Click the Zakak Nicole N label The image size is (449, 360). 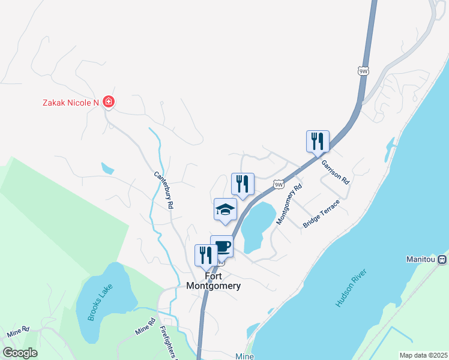(x=70, y=103)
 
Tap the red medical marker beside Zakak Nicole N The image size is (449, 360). (x=109, y=102)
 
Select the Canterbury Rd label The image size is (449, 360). (x=163, y=190)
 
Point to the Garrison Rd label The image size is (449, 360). (x=335, y=171)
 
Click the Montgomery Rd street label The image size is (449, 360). (x=289, y=205)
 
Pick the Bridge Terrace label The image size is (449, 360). (x=322, y=213)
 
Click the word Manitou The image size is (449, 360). (x=419, y=260)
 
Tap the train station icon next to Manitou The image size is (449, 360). (x=442, y=260)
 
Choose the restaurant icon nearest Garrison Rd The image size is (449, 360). (x=318, y=142)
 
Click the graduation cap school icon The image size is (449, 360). (x=225, y=209)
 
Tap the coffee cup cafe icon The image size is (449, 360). (x=221, y=246)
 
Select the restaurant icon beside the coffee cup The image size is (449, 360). (x=205, y=255)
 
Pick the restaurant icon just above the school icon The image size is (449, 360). (x=243, y=184)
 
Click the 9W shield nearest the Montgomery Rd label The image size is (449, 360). (x=277, y=184)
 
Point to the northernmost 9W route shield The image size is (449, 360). (x=363, y=71)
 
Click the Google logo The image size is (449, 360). (x=20, y=353)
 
